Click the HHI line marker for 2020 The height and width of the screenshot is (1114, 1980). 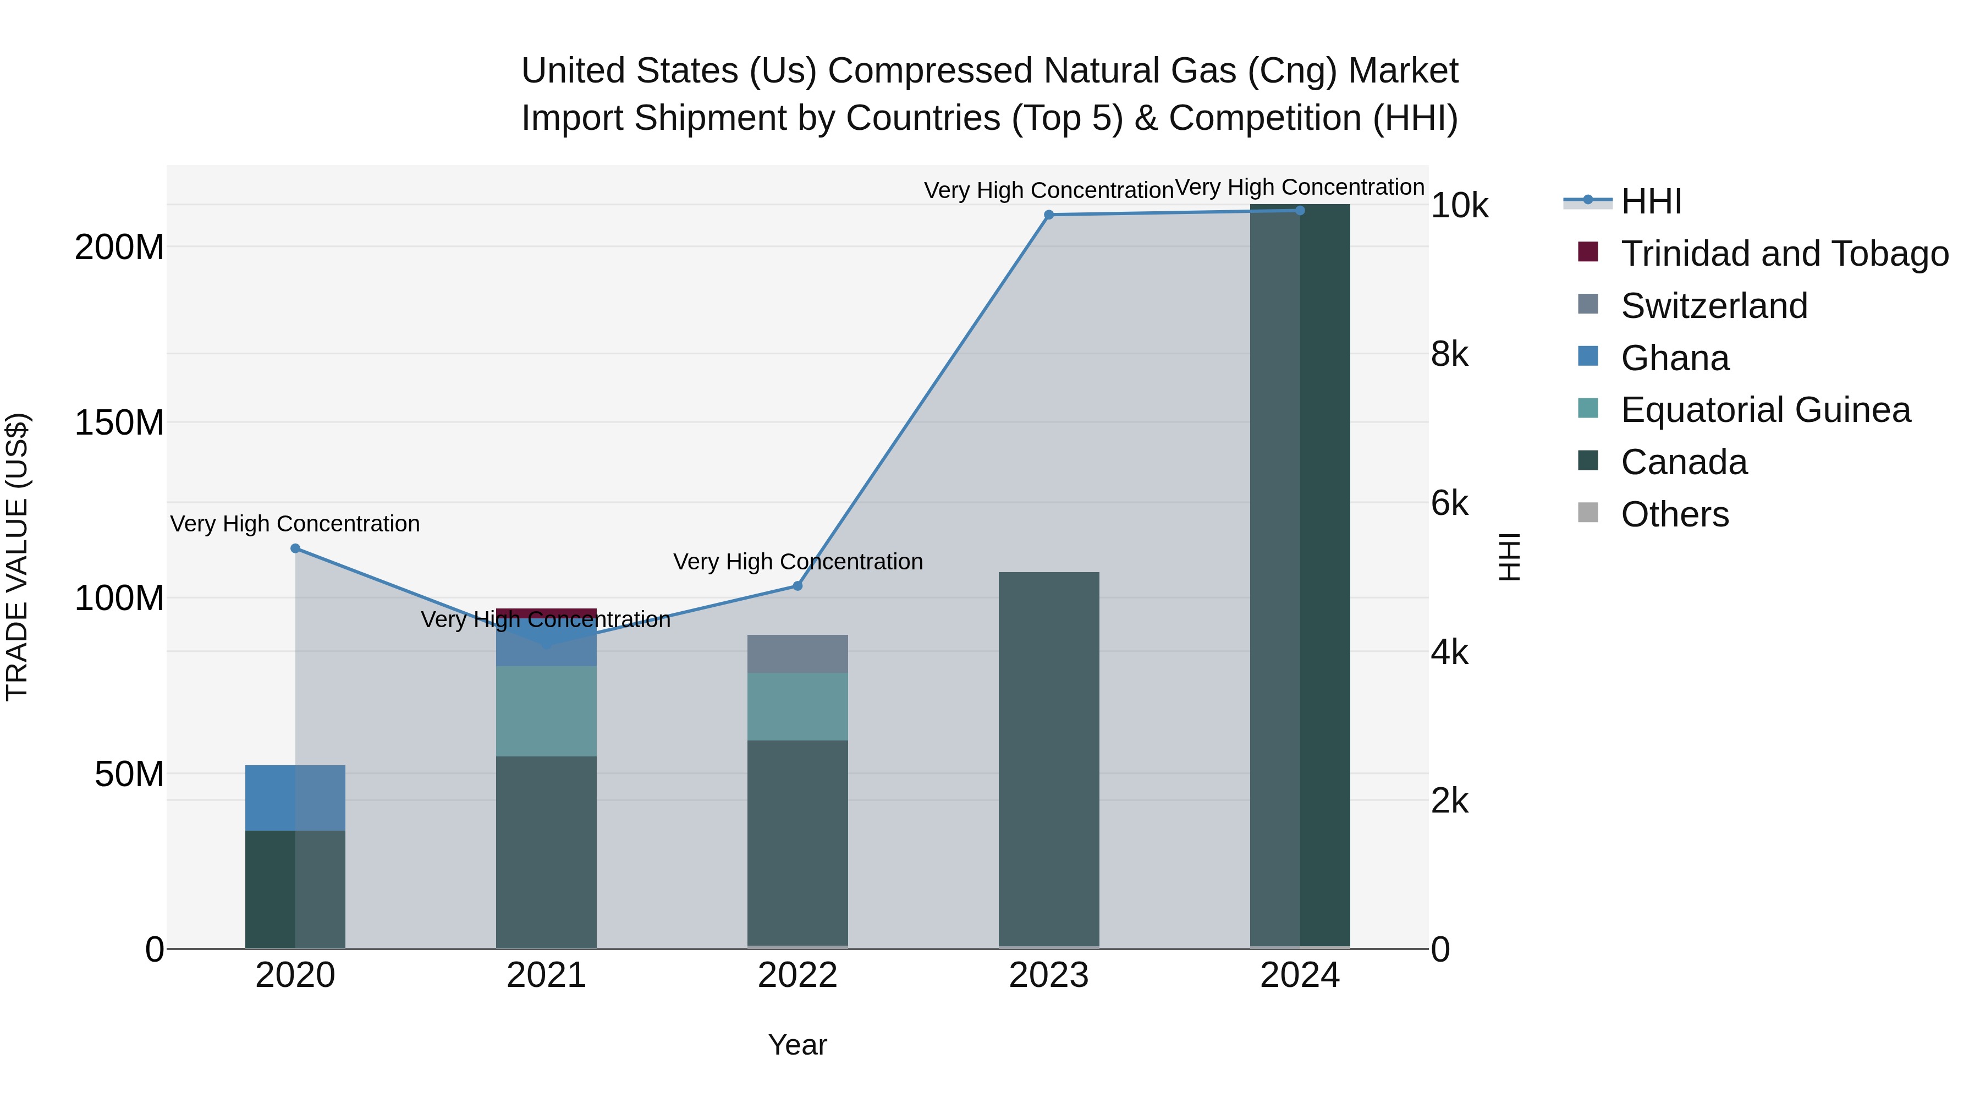pyautogui.click(x=295, y=548)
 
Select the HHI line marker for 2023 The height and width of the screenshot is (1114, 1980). pyautogui.click(x=1048, y=215)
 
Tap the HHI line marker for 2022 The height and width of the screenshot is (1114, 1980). pyautogui.click(x=797, y=586)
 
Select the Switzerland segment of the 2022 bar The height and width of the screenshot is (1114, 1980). pyautogui.click(x=797, y=654)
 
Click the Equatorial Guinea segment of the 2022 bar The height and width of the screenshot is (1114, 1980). pyautogui.click(x=797, y=706)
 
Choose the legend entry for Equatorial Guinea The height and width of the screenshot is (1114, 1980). pyautogui.click(x=1765, y=410)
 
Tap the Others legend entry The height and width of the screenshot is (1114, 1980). pyautogui.click(x=1674, y=514)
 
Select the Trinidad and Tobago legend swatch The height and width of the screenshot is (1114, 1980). pyautogui.click(x=1587, y=252)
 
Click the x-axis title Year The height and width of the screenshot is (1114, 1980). pyautogui.click(x=797, y=1045)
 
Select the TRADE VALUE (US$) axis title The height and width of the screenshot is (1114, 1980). pyautogui.click(x=17, y=557)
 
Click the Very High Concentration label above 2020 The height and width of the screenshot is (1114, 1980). pyautogui.click(x=295, y=524)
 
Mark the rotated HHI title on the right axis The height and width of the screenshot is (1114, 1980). pyautogui.click(x=1510, y=557)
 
